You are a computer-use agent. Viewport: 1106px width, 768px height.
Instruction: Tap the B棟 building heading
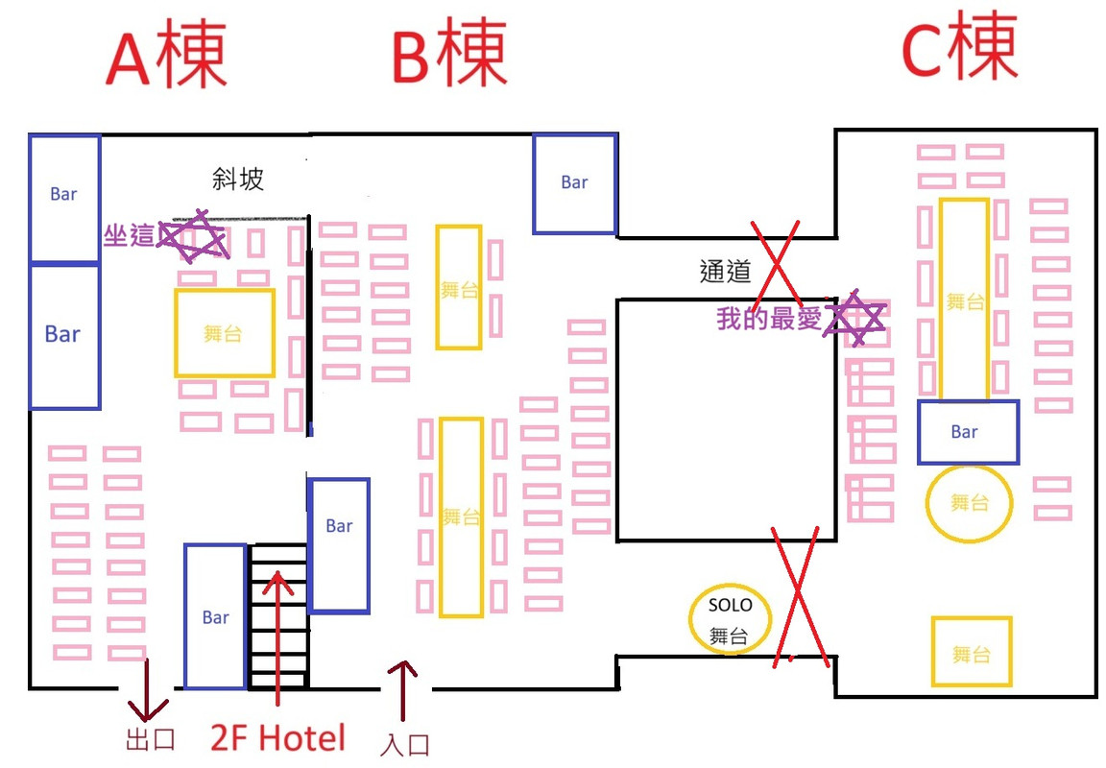(x=448, y=54)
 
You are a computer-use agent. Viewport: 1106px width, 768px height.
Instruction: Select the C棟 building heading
(x=959, y=49)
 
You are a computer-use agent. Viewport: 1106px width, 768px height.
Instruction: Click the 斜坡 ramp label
(x=238, y=179)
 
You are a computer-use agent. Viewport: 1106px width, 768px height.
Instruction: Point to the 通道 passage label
(x=726, y=272)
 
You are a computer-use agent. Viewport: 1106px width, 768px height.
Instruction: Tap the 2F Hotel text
(x=278, y=738)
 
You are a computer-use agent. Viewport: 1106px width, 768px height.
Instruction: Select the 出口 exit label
(x=151, y=742)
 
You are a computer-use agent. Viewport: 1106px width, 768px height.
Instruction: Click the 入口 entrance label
(x=404, y=745)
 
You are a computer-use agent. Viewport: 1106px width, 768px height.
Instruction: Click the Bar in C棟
(x=968, y=432)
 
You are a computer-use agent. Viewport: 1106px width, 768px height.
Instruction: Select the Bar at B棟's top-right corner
(x=574, y=183)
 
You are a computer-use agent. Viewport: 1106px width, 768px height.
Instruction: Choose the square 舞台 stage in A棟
(x=225, y=333)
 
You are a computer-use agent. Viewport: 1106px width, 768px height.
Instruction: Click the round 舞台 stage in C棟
(x=969, y=502)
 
